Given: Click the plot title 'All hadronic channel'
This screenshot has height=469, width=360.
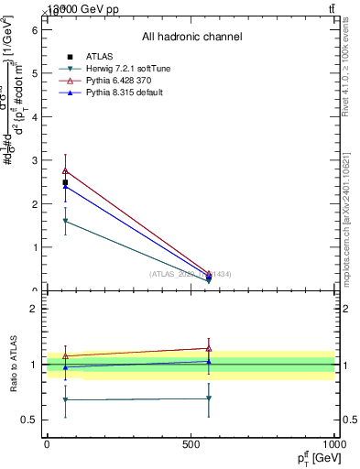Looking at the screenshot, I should [191, 38].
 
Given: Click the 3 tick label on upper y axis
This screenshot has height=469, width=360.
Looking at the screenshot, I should [36, 160].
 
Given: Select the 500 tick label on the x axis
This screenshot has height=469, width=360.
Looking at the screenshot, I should [191, 443].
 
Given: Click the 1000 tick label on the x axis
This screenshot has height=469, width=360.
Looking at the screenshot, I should [334, 443].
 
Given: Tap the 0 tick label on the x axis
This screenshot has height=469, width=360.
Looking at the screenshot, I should [47, 443].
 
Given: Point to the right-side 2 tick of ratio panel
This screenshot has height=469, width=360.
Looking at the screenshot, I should [348, 309].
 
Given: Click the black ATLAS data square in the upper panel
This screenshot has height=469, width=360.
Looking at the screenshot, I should [65, 182].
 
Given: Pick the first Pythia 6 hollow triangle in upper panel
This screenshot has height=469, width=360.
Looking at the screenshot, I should [65, 170].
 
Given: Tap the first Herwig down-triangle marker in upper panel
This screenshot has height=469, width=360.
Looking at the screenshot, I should [65, 221].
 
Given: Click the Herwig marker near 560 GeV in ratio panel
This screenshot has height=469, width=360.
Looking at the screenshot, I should [209, 398].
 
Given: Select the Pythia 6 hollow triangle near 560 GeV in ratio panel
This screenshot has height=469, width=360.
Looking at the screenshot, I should [209, 348].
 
